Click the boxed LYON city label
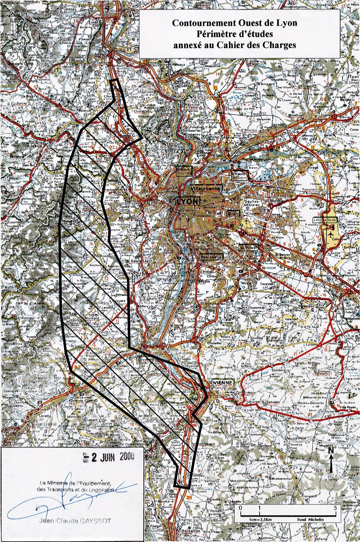click(187, 201)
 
